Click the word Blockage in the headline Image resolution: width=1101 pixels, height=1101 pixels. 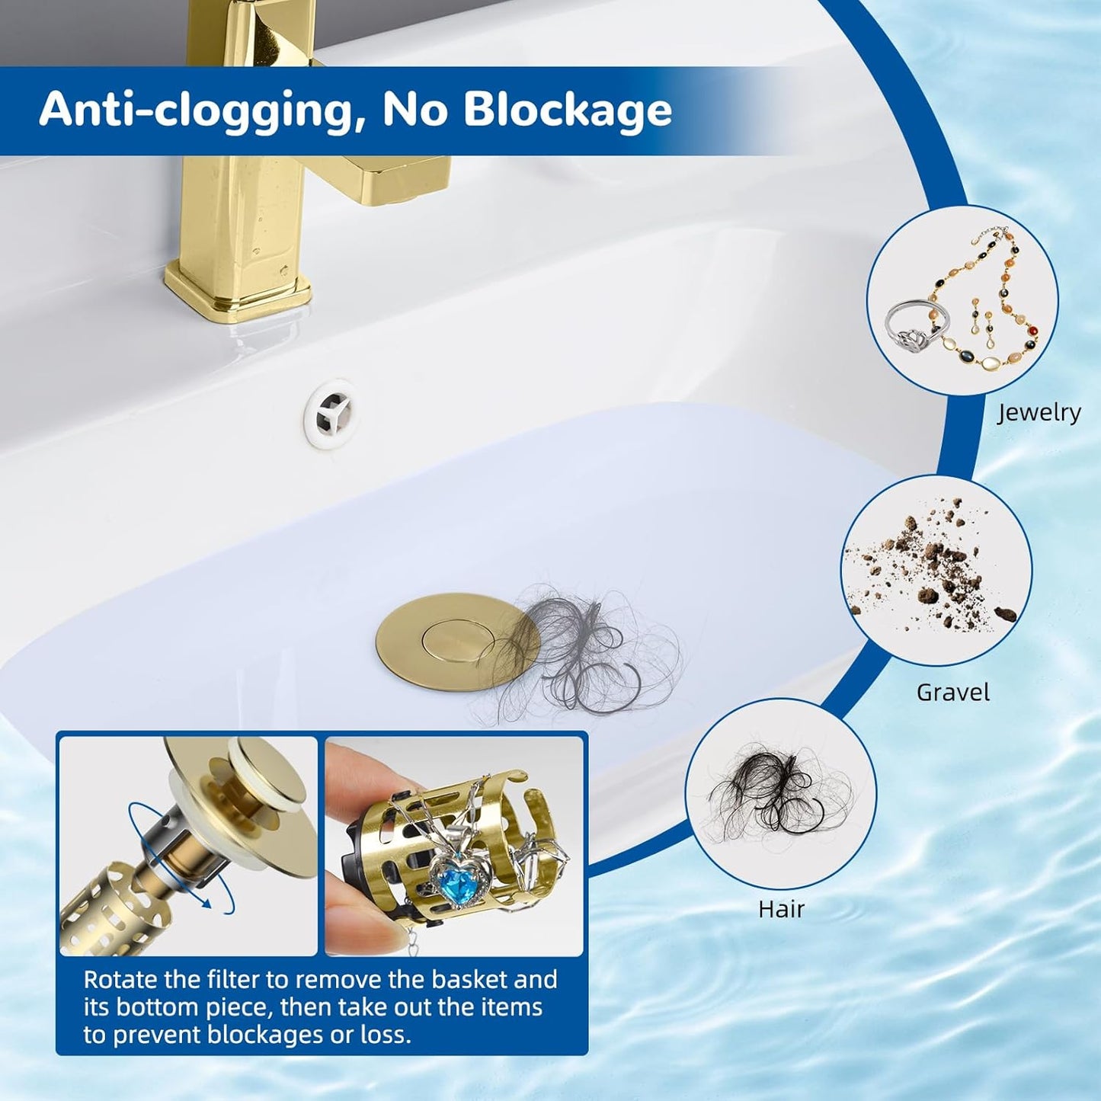click(x=567, y=110)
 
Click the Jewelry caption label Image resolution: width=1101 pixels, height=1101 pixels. click(x=1039, y=412)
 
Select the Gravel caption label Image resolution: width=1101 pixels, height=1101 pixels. click(x=953, y=693)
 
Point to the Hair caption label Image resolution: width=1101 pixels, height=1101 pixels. click(x=781, y=909)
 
